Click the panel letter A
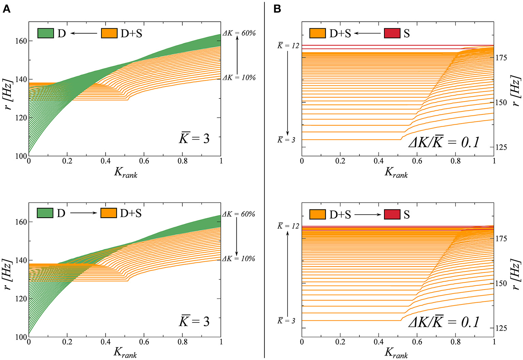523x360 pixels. click(x=6, y=9)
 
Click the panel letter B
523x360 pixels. click(x=277, y=9)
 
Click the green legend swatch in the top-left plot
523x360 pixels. click(x=45, y=33)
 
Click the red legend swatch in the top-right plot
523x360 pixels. click(x=392, y=33)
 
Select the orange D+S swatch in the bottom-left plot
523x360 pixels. click(x=109, y=213)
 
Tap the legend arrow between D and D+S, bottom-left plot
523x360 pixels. click(x=84, y=213)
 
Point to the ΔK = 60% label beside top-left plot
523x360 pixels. click(x=239, y=33)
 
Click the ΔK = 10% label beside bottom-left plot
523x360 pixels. click(x=239, y=259)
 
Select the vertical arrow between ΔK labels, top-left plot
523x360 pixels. click(x=237, y=55)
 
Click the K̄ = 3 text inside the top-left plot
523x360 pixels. click(x=194, y=138)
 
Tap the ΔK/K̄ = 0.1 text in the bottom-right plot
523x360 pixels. click(x=444, y=322)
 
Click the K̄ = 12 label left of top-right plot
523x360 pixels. click(x=288, y=46)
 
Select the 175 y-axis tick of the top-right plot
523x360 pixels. click(x=501, y=58)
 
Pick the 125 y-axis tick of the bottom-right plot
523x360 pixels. click(x=501, y=328)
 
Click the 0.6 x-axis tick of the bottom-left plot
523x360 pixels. click(x=144, y=342)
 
